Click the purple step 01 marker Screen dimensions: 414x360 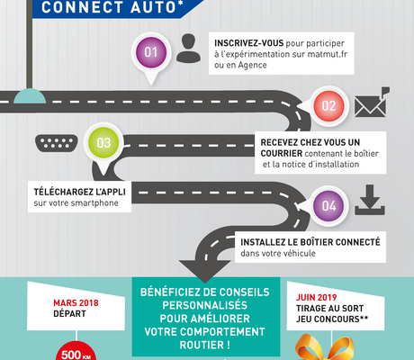tap(151, 53)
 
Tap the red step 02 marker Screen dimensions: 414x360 tap(328, 106)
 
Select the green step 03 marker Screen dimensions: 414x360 tap(103, 143)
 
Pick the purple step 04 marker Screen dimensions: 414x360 tap(328, 206)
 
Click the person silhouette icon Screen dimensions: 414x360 tap(188, 48)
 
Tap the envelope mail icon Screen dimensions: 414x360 tap(372, 103)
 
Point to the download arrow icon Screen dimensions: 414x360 tap(370, 200)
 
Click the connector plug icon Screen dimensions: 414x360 tap(57, 143)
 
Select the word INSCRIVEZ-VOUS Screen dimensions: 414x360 tap(248, 43)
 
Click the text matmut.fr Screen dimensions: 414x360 tap(328, 54)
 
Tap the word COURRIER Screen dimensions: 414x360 tap(282, 153)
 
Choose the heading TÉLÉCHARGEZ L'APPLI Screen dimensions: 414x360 tap(79, 192)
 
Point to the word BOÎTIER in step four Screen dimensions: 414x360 tap(316, 242)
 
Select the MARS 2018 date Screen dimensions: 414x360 tap(76, 303)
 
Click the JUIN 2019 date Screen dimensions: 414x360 tap(316, 298)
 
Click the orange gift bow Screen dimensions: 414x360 tap(324, 348)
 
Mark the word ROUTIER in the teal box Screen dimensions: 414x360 tap(202, 345)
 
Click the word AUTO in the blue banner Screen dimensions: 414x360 tap(153, 7)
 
